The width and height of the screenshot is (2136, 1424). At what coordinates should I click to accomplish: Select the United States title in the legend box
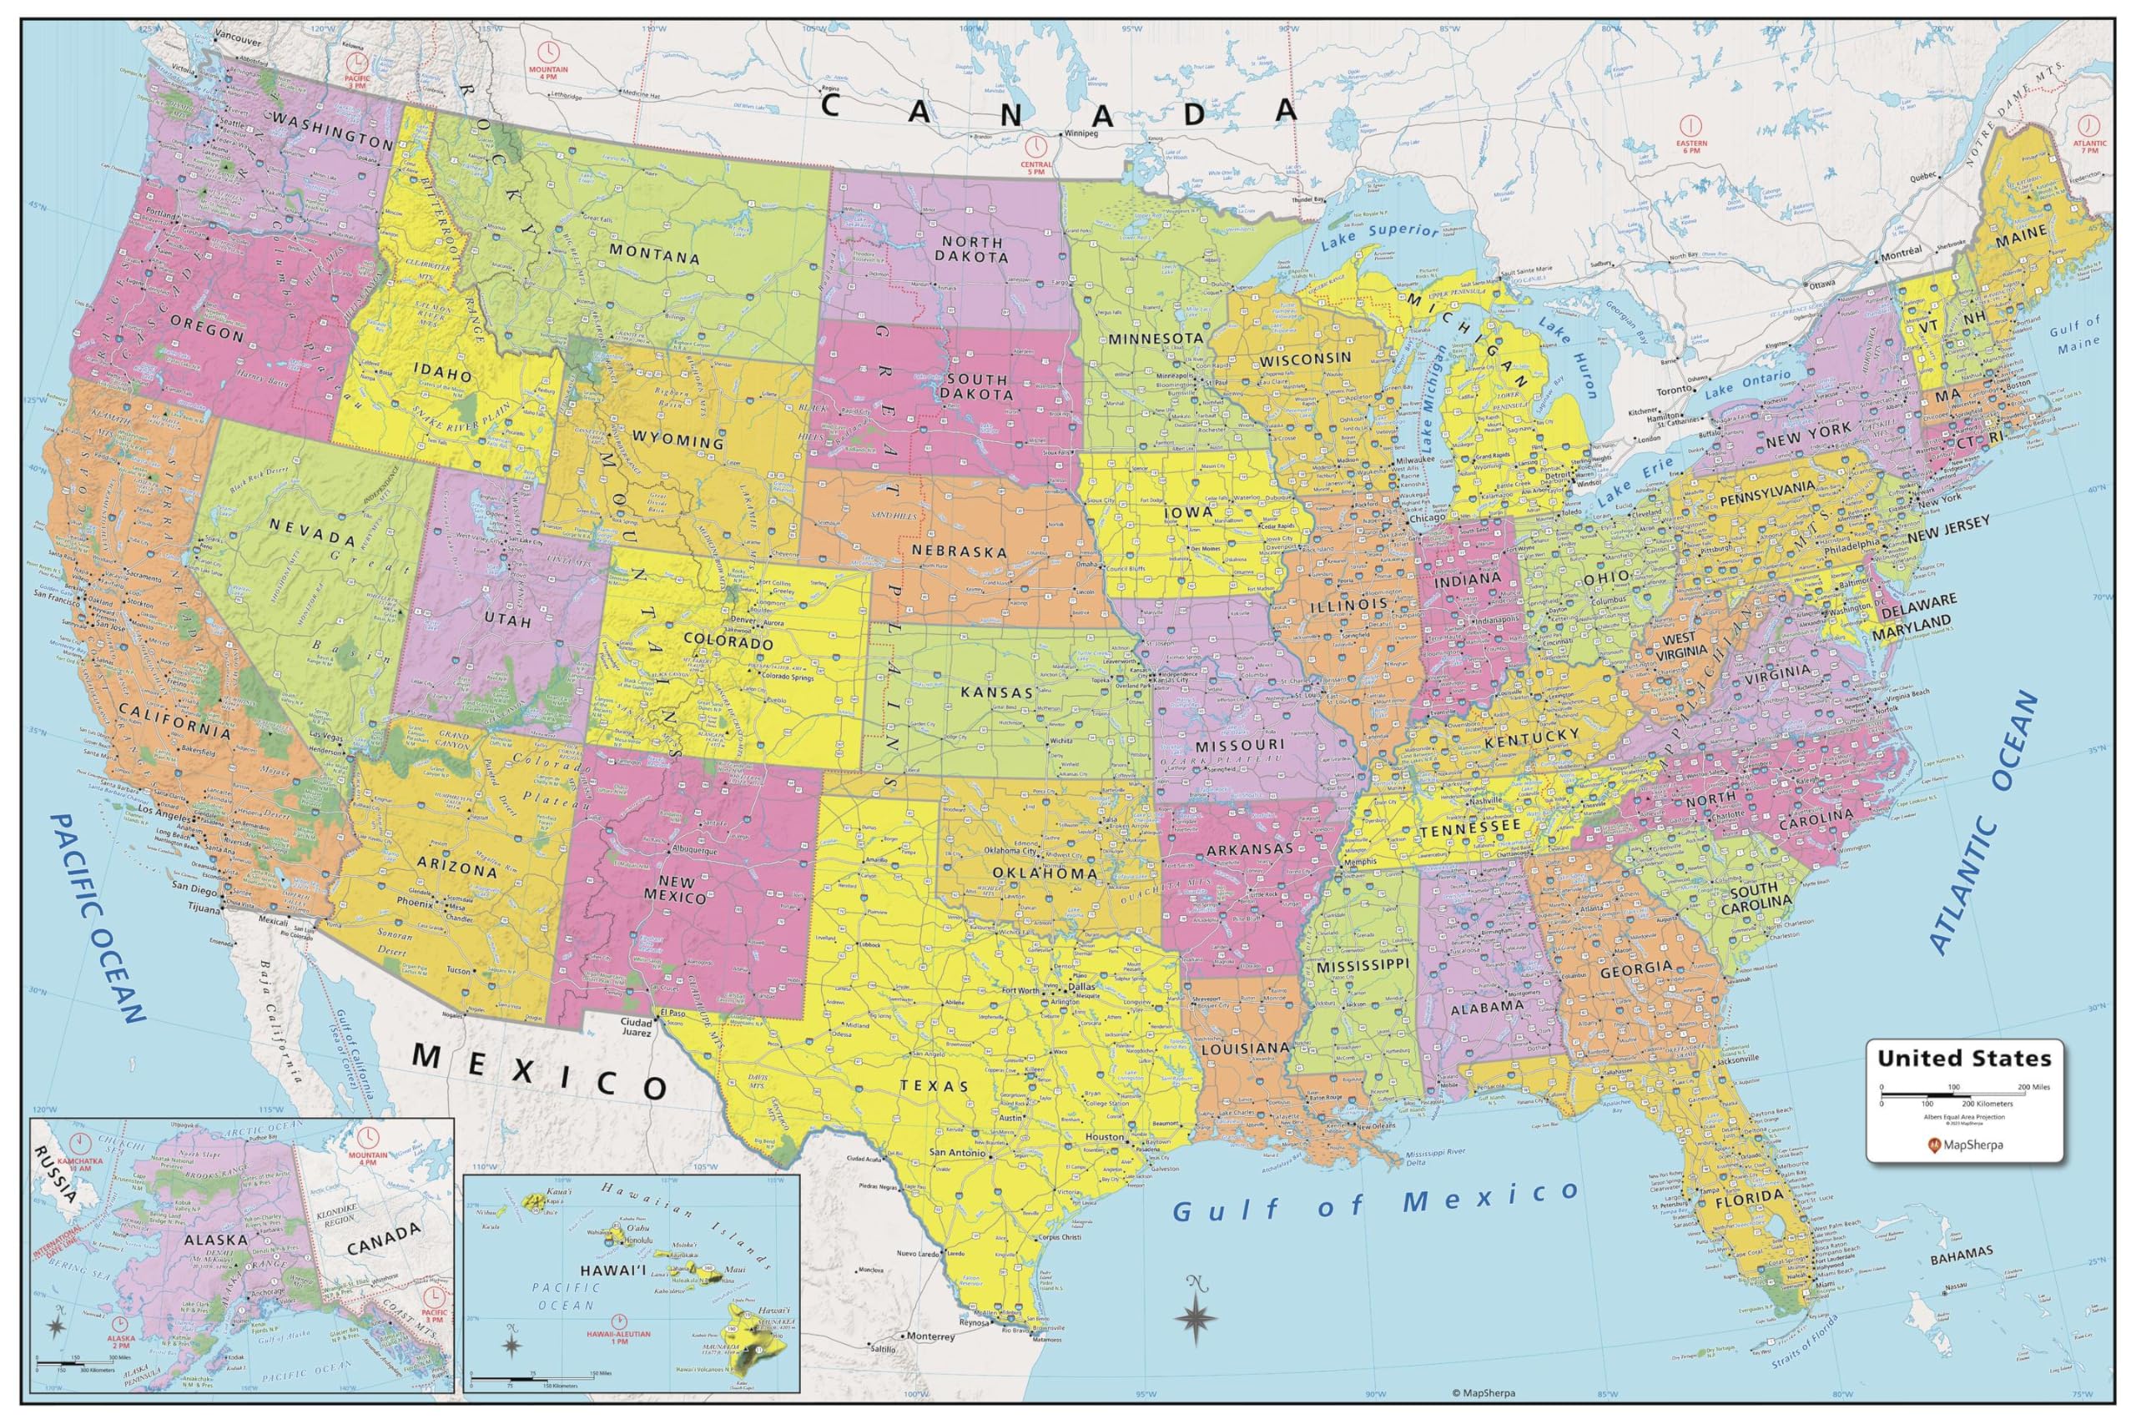point(1963,1058)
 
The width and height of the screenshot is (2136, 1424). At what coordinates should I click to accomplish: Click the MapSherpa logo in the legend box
point(1962,1145)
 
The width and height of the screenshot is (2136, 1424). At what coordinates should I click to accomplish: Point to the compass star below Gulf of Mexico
point(1197,1313)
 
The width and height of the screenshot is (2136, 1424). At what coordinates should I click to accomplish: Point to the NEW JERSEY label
point(1949,530)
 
